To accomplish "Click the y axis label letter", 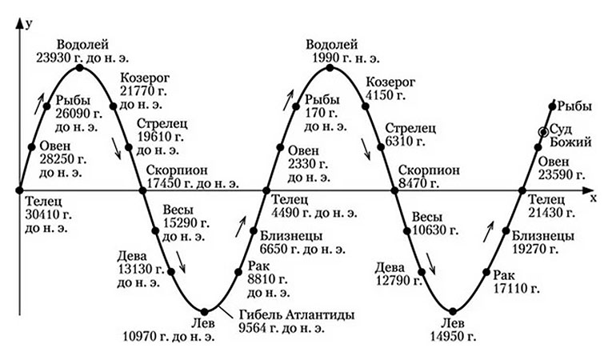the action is click(x=28, y=25).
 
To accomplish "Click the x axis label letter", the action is click(x=594, y=198).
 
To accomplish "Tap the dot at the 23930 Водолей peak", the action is click(x=80, y=68).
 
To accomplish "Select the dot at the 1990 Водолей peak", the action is click(x=330, y=68).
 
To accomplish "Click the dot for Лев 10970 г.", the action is click(x=204, y=311).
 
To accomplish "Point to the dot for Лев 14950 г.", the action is click(x=453, y=311).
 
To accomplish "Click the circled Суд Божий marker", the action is click(x=544, y=132).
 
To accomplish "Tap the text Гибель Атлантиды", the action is click(x=297, y=315).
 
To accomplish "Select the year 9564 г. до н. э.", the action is click(x=282, y=328).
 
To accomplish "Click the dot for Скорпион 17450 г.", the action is click(x=142, y=190).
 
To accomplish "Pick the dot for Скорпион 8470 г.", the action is click(x=395, y=190).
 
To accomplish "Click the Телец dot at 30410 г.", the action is click(x=19, y=190).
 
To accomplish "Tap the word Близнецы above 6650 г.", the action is click(x=291, y=236).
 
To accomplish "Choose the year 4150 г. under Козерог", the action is click(x=386, y=95).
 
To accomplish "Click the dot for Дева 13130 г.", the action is click(x=171, y=271).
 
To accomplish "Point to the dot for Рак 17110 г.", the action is click(x=486, y=271).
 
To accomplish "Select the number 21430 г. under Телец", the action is click(x=551, y=213).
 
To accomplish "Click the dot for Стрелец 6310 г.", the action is click(x=380, y=147).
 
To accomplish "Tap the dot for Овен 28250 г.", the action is click(x=32, y=147).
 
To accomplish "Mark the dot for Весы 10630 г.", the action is click(x=407, y=231).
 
